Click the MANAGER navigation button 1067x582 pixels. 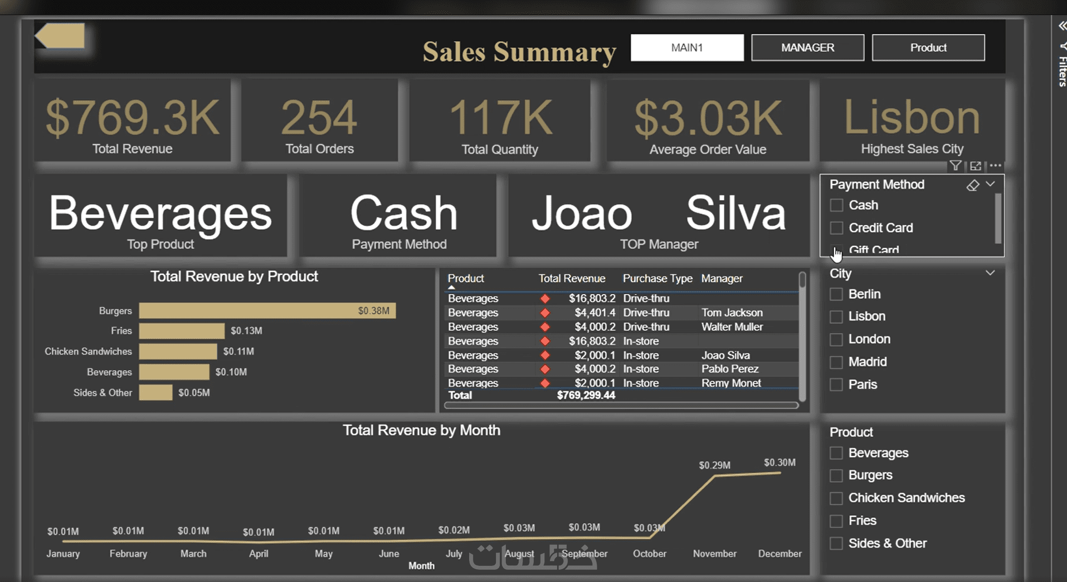point(807,47)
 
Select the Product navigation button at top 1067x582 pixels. point(928,47)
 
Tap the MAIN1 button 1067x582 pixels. point(687,47)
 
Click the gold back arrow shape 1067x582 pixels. point(60,36)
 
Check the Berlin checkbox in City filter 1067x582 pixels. point(836,294)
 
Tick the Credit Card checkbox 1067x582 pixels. point(836,228)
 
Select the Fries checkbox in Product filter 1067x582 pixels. point(836,521)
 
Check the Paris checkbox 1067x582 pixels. point(836,385)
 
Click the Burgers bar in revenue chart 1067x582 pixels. point(267,311)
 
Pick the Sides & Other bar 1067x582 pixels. point(155,392)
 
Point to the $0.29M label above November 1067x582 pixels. point(714,465)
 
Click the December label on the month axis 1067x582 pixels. point(779,554)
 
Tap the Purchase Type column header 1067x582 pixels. point(657,278)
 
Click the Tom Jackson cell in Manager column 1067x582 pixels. point(732,313)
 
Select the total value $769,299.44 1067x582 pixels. point(586,395)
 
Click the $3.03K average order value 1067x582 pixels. point(708,118)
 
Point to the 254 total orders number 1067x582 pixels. point(319,118)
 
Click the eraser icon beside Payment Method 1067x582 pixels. point(973,185)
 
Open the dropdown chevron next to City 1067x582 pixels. point(990,273)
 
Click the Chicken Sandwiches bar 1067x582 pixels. point(178,351)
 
